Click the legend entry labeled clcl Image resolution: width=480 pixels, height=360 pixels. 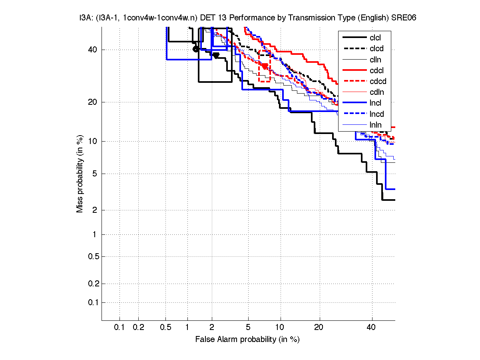tap(375, 38)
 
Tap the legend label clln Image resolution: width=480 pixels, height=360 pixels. tap(375, 60)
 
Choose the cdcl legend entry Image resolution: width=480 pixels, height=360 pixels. tap(377, 70)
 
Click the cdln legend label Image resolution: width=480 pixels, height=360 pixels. tap(377, 92)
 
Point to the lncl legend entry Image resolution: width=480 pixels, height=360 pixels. tap(375, 103)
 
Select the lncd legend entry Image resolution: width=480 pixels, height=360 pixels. tap(377, 114)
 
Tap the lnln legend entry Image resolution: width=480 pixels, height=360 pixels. tap(375, 125)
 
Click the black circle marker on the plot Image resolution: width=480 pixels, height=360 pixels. tap(195, 49)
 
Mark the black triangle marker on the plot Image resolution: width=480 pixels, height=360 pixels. tap(216, 55)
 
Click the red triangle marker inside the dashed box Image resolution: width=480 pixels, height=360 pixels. tap(265, 66)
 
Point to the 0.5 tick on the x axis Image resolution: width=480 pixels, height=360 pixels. tap(165, 328)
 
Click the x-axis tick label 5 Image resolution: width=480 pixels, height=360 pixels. tap(248, 328)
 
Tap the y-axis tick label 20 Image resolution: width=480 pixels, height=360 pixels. tap(92, 102)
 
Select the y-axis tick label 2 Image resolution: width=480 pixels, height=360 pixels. tap(94, 210)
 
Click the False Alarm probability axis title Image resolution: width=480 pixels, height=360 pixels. tap(247, 340)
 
